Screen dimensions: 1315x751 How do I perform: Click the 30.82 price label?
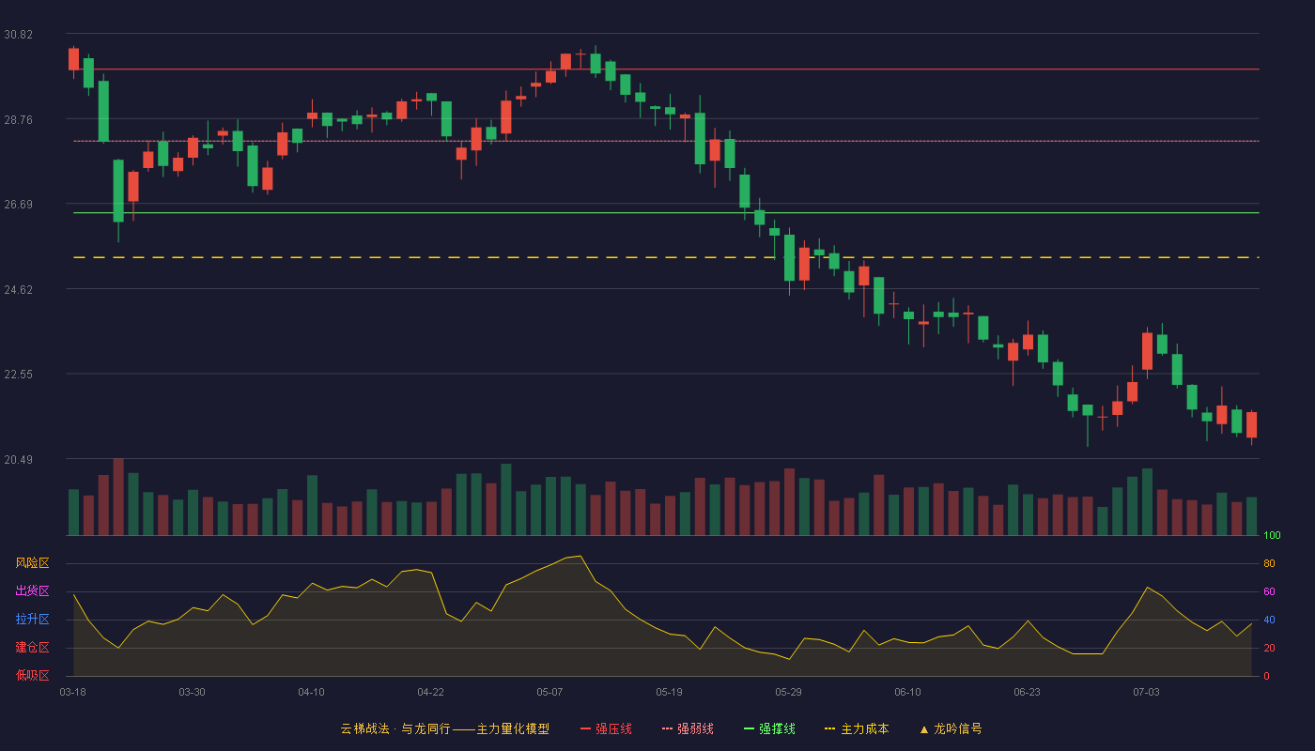(18, 35)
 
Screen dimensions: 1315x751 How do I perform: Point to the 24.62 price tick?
(18, 290)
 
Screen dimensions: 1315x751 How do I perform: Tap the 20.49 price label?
(18, 459)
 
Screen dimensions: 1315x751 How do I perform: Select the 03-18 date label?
(73, 693)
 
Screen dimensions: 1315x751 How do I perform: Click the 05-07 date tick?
(549, 693)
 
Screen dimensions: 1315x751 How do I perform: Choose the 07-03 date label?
(1146, 693)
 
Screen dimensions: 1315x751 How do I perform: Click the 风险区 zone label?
(32, 563)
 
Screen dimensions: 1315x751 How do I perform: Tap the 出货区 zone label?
(32, 590)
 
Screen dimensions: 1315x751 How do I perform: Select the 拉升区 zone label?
(32, 619)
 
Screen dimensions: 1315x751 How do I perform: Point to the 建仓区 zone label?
(32, 647)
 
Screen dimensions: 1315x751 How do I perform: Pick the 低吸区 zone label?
(32, 675)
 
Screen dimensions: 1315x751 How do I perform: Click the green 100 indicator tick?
(1272, 535)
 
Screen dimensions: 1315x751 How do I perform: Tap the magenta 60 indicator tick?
(1269, 591)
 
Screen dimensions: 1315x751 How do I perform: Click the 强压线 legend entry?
(606, 728)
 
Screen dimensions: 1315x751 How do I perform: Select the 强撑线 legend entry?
(769, 728)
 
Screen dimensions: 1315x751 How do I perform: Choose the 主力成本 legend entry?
(857, 728)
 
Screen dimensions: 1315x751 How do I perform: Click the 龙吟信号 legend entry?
(951, 728)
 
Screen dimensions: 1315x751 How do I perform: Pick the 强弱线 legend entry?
(688, 728)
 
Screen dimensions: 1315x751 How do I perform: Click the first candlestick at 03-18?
(73, 59)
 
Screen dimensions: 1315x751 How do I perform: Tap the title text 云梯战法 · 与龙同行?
(395, 728)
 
